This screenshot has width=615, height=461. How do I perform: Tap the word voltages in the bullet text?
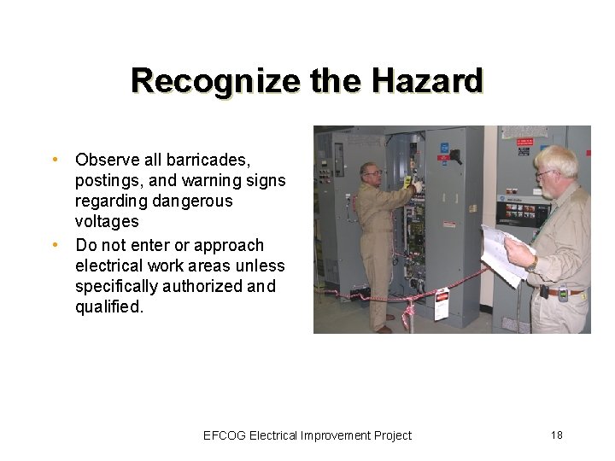pos(107,222)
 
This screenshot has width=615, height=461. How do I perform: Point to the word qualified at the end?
pos(109,306)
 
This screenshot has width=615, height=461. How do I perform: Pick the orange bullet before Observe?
pos(55,160)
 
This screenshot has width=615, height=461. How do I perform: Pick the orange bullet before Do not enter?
pos(55,245)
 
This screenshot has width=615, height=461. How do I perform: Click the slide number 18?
pos(557,435)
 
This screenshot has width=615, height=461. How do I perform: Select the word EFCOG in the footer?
pos(225,435)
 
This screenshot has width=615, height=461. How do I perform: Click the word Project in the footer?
pos(392,435)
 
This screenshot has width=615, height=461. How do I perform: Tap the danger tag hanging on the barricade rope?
pos(442,303)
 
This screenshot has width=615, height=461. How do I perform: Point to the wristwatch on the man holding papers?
pos(532,265)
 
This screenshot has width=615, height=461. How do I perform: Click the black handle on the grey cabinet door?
pos(455,155)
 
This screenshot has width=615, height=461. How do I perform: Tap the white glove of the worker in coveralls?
pos(416,186)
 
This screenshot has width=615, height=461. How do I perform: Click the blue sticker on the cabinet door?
pos(444,148)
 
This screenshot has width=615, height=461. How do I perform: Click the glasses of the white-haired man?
pos(545,174)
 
